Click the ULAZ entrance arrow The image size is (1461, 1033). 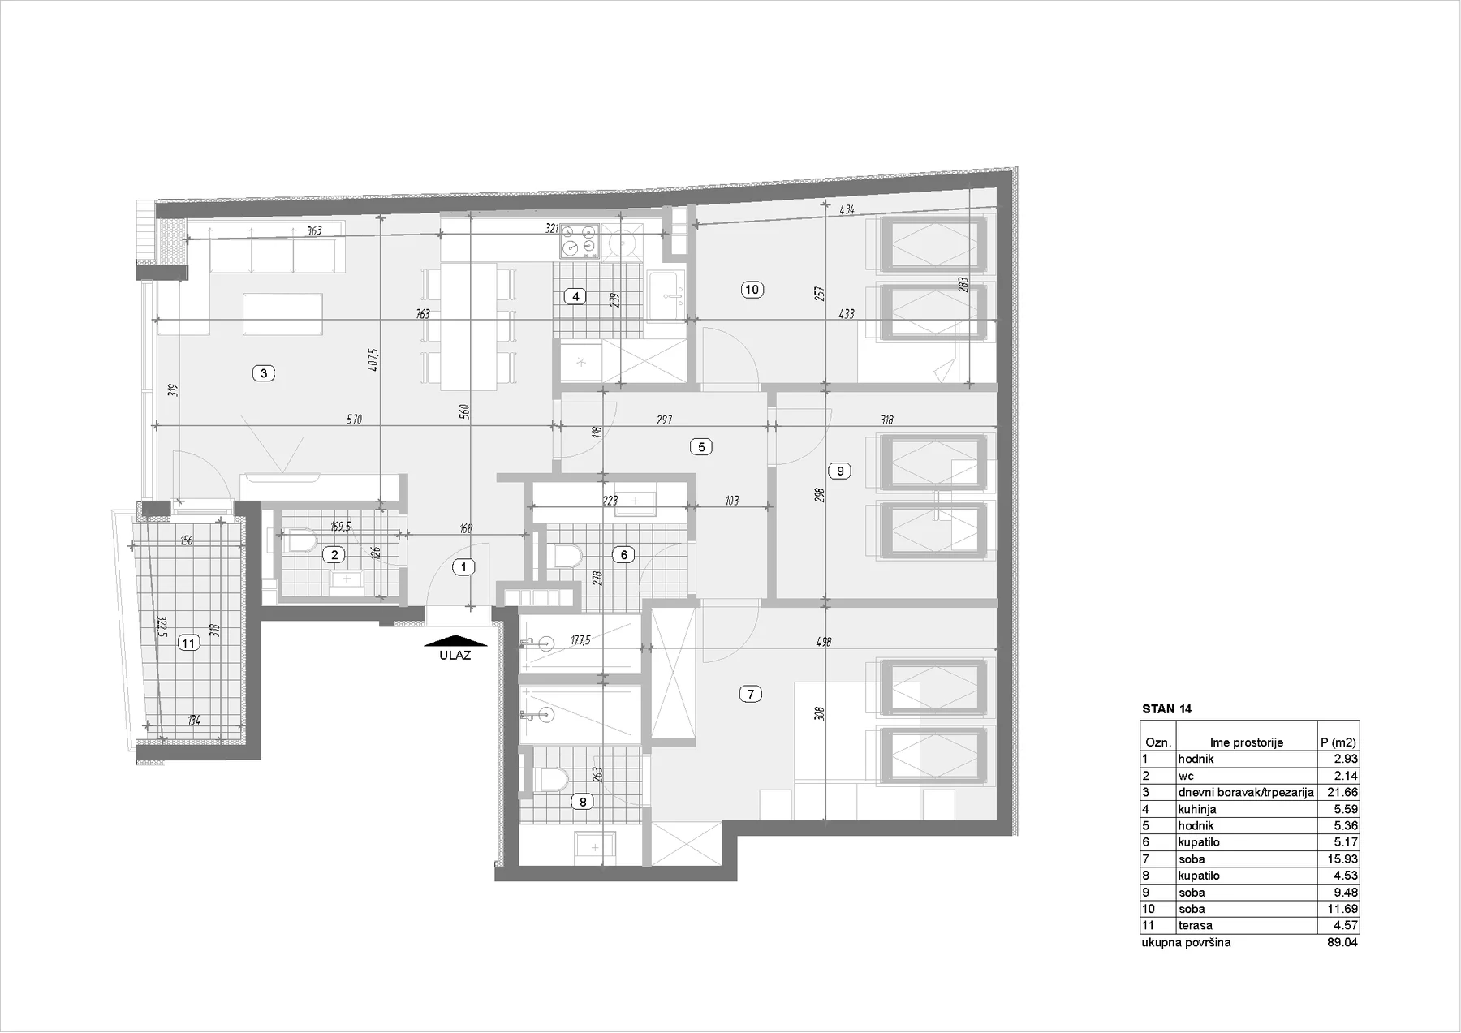[x=455, y=641]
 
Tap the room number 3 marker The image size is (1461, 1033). [x=264, y=373]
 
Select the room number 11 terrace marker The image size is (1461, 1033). [x=189, y=643]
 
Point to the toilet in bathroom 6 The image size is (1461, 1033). [x=566, y=556]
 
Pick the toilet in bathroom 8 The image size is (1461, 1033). [x=553, y=781]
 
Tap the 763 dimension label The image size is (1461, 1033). [x=423, y=314]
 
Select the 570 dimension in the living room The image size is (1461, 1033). [x=354, y=420]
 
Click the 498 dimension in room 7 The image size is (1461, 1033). [x=824, y=642]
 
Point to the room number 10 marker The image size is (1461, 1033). [x=752, y=290]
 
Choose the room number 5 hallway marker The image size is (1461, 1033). [x=700, y=446]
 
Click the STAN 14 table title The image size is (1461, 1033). [x=1166, y=708]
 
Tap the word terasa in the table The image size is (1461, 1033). [x=1196, y=925]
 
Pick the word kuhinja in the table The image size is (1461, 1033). [x=1197, y=809]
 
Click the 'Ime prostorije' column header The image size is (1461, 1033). [x=1246, y=742]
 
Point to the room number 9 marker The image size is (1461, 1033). [x=840, y=471]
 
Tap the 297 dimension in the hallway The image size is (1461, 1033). [x=664, y=420]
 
